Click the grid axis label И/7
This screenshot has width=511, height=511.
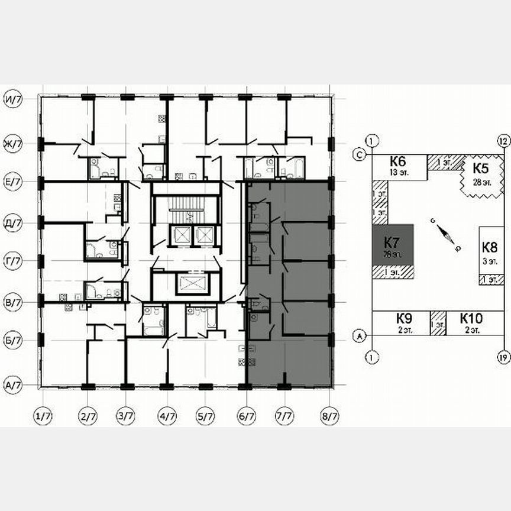point(13,98)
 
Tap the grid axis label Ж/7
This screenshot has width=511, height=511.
point(13,144)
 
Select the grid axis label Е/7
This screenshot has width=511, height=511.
point(13,183)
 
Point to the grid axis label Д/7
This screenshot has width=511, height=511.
point(13,224)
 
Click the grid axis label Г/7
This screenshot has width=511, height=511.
point(13,260)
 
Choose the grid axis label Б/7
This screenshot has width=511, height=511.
point(13,341)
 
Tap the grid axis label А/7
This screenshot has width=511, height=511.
point(13,384)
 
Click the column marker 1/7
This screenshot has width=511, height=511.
point(43,417)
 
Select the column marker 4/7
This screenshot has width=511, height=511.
point(167,417)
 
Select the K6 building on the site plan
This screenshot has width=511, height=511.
point(398,166)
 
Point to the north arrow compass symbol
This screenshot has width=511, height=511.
point(445,235)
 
